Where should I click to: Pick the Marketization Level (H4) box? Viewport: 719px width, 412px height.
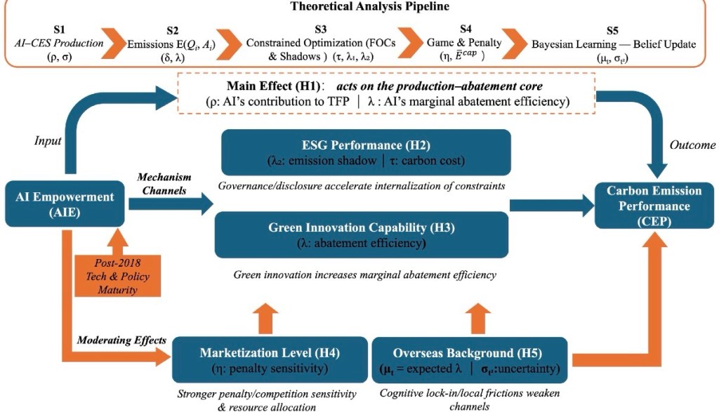point(270,359)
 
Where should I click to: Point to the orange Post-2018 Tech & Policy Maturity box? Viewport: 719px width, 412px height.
point(118,274)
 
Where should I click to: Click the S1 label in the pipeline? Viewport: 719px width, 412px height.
point(60,30)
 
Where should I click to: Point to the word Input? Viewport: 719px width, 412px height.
point(48,141)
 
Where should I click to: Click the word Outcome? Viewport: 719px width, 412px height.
point(692,145)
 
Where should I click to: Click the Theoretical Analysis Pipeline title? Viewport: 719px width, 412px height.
point(359,8)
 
